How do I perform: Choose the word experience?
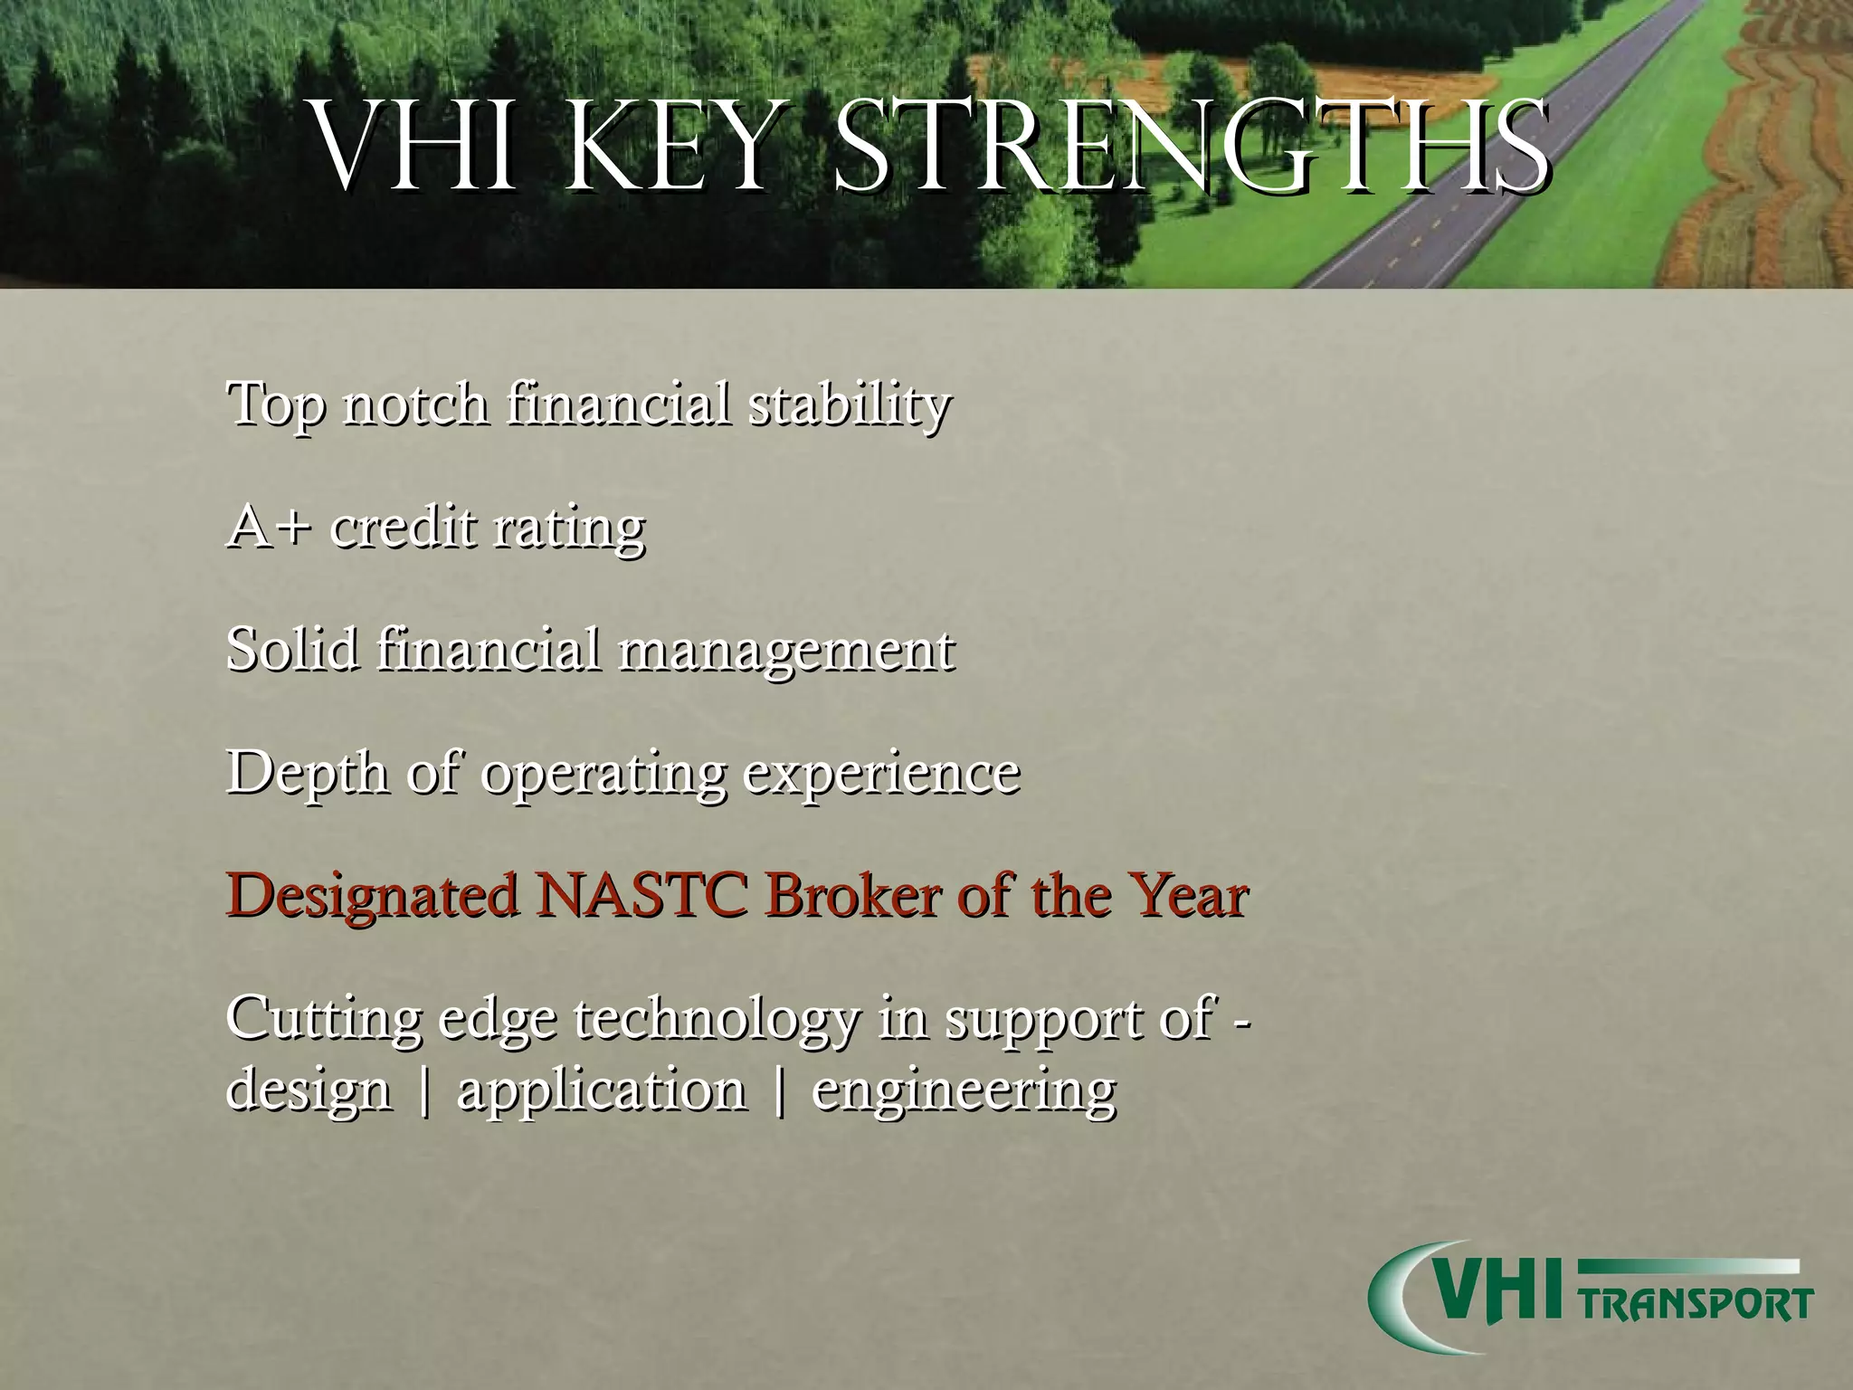[881, 775]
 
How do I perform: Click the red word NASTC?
[641, 896]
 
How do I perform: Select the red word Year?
[1192, 896]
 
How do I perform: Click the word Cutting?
[323, 1020]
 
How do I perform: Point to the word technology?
[715, 1020]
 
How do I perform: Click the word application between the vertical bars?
[602, 1091]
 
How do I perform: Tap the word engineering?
[964, 1091]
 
